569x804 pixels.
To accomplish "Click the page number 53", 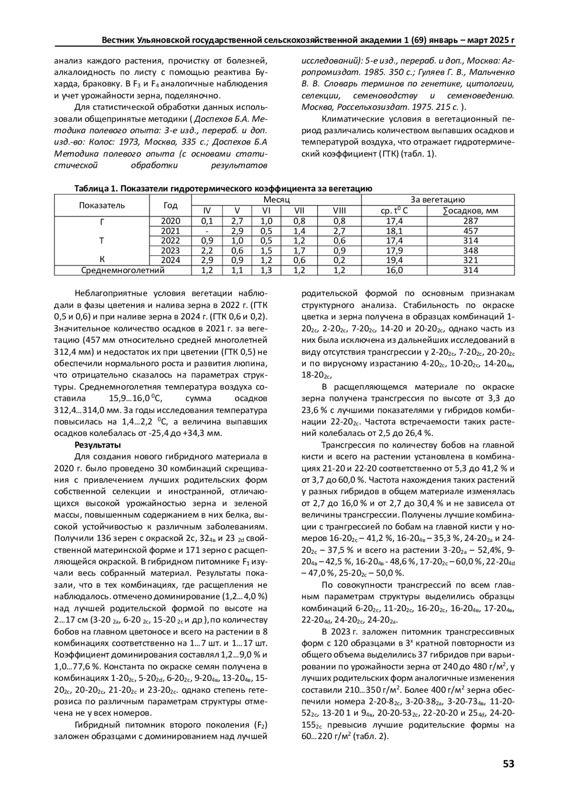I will point(508,764).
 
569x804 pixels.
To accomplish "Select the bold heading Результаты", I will point(98,445).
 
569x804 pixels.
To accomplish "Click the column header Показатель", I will point(101,205).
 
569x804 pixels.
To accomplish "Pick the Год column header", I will point(170,205).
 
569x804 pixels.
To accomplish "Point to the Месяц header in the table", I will point(276,200).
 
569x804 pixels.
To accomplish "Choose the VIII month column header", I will point(340,211).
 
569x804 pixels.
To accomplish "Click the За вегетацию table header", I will point(437,200).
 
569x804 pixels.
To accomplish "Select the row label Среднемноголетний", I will point(123,271).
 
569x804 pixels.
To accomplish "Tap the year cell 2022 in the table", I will point(170,241).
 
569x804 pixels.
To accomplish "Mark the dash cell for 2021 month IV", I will point(207,231).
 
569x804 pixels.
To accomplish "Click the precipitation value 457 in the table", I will point(470,231).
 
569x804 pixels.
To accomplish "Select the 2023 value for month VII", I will point(299,251).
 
